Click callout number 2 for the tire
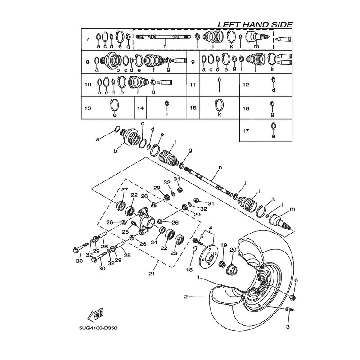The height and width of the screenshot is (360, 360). [185, 297]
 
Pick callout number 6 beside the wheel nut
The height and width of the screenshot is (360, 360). [296, 280]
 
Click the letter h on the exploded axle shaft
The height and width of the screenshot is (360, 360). [220, 168]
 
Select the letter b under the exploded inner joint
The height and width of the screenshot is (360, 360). [115, 151]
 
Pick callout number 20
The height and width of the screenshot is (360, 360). [233, 250]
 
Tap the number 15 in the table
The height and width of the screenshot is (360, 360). [193, 108]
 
